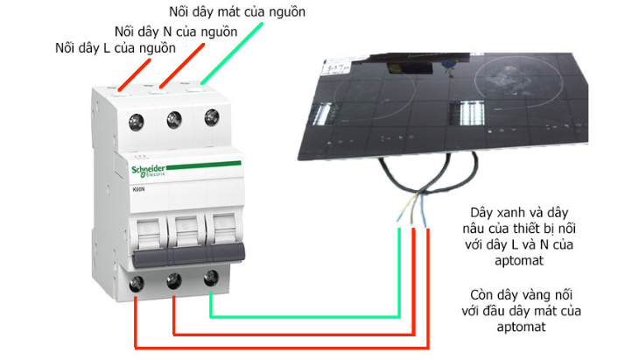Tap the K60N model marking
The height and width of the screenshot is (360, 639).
coord(137,188)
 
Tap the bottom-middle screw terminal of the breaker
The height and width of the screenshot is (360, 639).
coord(174,280)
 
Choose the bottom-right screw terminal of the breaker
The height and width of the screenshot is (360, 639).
coord(210,278)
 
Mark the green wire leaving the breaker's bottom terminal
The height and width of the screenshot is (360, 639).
coord(306,316)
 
